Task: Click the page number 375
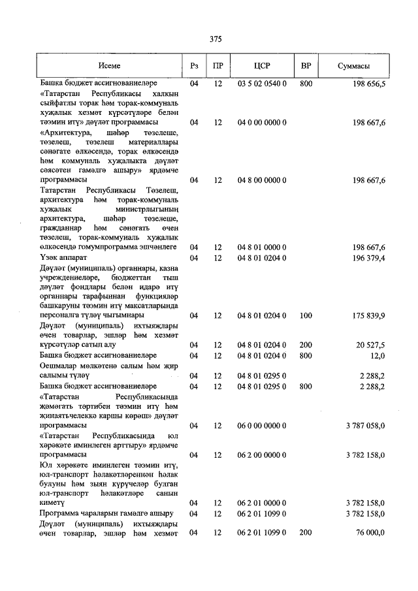coord(216,39)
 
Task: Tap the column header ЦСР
coord(262,66)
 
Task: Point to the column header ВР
coord(306,66)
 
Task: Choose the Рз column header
coord(194,66)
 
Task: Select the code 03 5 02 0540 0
coord(262,85)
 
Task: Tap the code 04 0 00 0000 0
coord(262,122)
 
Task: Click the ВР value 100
coord(306,315)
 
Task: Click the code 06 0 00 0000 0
coord(262,425)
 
